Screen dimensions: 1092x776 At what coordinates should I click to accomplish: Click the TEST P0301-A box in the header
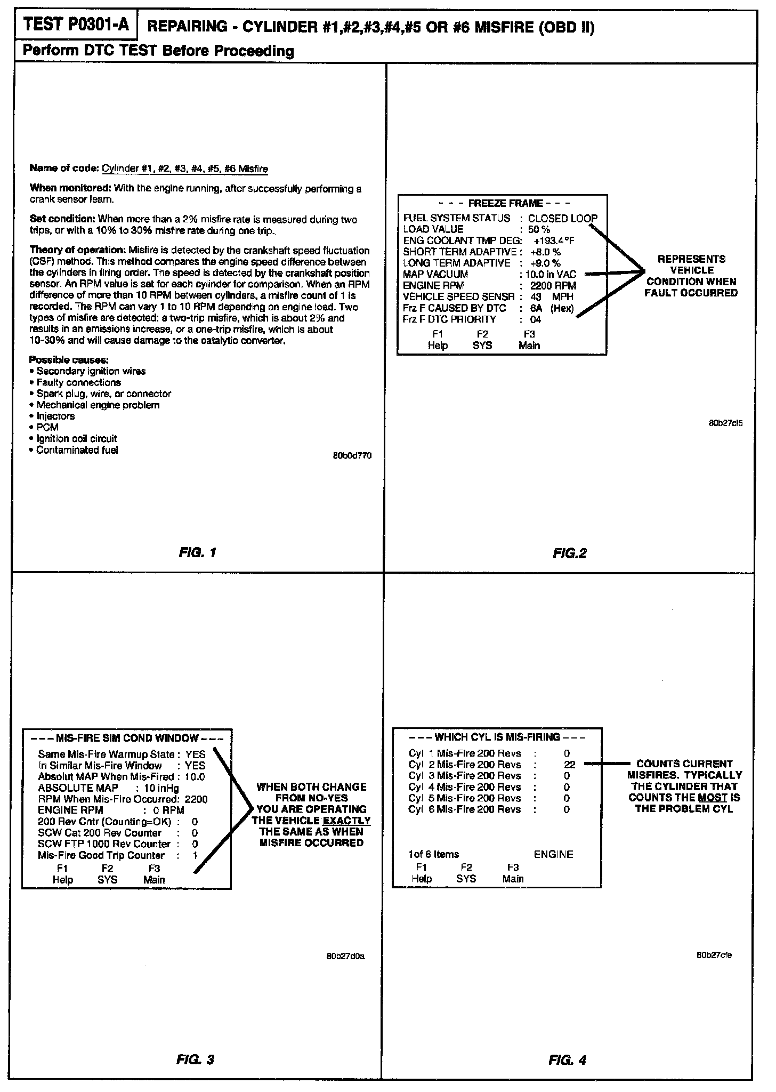point(76,25)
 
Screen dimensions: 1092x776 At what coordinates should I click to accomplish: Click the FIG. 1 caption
point(197,552)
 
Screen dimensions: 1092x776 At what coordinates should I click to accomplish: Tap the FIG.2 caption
point(569,553)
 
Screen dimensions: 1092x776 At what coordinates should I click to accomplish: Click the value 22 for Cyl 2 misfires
point(569,764)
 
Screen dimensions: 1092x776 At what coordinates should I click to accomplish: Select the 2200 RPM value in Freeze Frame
point(553,285)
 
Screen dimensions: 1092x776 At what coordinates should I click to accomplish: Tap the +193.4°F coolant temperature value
point(554,240)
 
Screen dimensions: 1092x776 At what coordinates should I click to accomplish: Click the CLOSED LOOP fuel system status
point(562,218)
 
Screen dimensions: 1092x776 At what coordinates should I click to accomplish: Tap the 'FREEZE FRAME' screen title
point(505,203)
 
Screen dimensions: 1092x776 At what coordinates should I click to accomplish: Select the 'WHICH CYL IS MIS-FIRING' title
point(497,737)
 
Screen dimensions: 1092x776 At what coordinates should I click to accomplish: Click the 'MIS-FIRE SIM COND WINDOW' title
point(127,738)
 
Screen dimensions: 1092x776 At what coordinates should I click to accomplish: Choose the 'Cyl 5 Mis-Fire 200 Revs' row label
point(464,798)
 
